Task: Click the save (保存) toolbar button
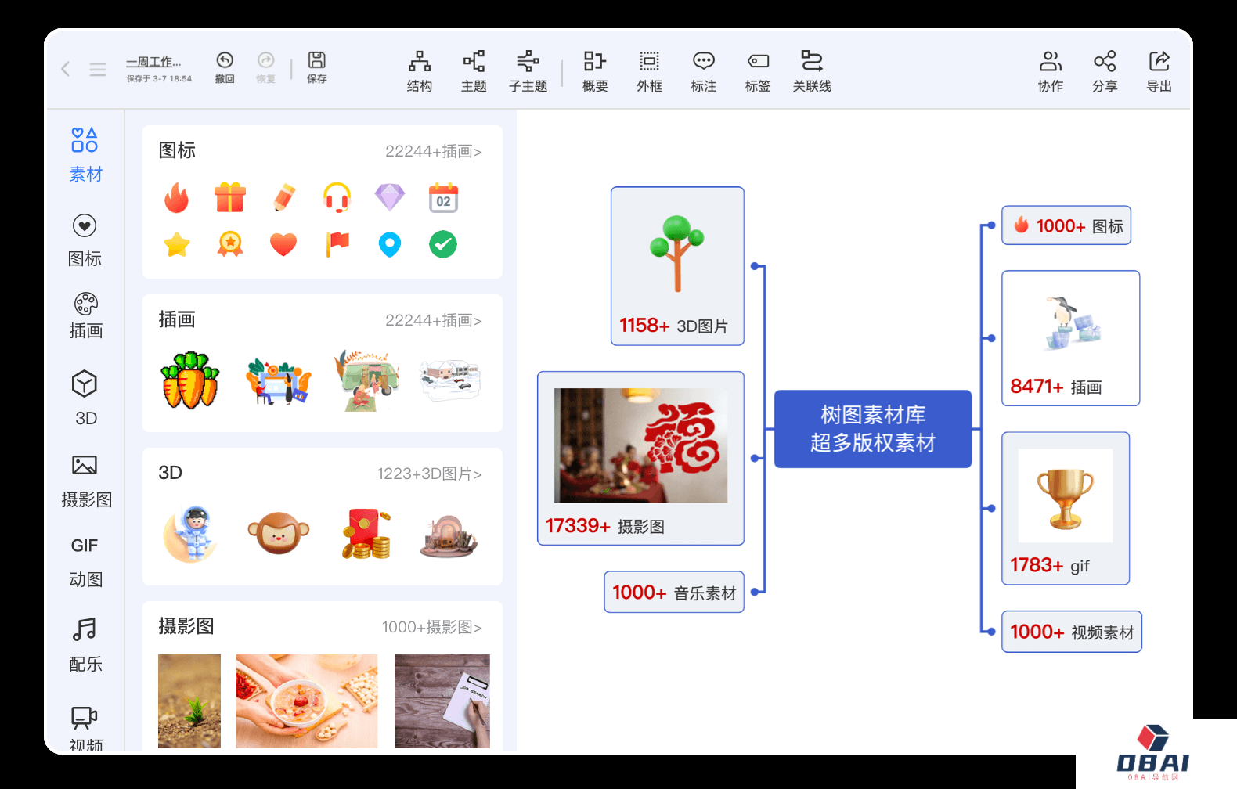[x=317, y=67]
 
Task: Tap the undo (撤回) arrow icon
[x=225, y=60]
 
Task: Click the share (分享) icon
[x=1105, y=61]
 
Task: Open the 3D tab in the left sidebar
[x=85, y=398]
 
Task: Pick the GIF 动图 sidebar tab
[x=85, y=562]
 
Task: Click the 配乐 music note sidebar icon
[x=85, y=629]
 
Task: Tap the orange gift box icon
[x=229, y=197]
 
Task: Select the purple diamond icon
[x=390, y=197]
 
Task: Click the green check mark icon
[x=443, y=244]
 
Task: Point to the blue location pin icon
[x=390, y=244]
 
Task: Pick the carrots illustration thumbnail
[x=190, y=380]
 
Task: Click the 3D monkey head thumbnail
[x=279, y=532]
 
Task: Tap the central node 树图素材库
[x=872, y=429]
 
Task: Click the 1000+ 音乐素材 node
[x=674, y=592]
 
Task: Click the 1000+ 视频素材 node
[x=1072, y=632]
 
